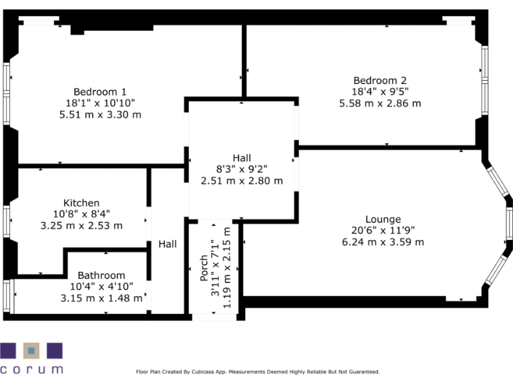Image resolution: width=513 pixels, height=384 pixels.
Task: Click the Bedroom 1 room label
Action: coord(100,92)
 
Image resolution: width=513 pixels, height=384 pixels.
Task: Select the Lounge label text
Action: coord(383,219)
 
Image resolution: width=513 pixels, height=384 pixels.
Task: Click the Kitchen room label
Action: coord(81,203)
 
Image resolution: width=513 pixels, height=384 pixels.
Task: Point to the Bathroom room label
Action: coord(101,275)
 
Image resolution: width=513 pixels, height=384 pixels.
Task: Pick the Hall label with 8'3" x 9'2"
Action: coord(242,157)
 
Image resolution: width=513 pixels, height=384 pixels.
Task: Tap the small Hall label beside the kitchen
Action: coord(168,245)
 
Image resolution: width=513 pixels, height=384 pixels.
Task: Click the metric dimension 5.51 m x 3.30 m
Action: coord(100,115)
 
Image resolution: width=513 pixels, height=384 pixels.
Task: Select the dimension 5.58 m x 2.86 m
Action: coord(379,103)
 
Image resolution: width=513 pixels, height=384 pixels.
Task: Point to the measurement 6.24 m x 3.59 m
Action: coord(383,242)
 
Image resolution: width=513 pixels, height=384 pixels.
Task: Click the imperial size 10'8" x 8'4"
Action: coord(81,215)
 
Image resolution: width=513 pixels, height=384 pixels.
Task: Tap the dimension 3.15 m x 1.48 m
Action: coord(101,298)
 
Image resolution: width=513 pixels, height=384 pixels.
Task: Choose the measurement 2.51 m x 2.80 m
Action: coord(242,180)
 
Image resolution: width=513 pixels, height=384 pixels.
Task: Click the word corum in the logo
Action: coord(32,369)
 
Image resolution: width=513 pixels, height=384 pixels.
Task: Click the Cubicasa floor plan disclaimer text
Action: coord(258,371)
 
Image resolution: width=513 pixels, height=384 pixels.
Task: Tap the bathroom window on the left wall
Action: coord(7,296)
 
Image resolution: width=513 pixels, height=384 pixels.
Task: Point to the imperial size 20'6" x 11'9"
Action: coord(383,231)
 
